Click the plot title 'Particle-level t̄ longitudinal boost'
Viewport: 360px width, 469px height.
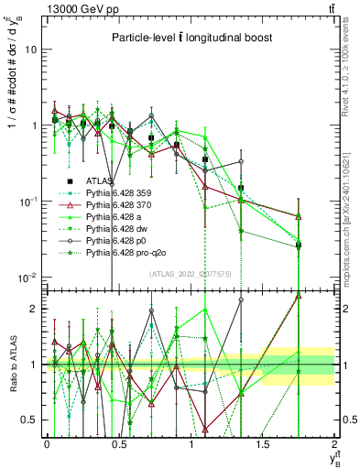tap(191, 38)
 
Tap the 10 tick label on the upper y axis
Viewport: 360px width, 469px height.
tap(30, 49)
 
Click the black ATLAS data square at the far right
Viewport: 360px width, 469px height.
tap(299, 245)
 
